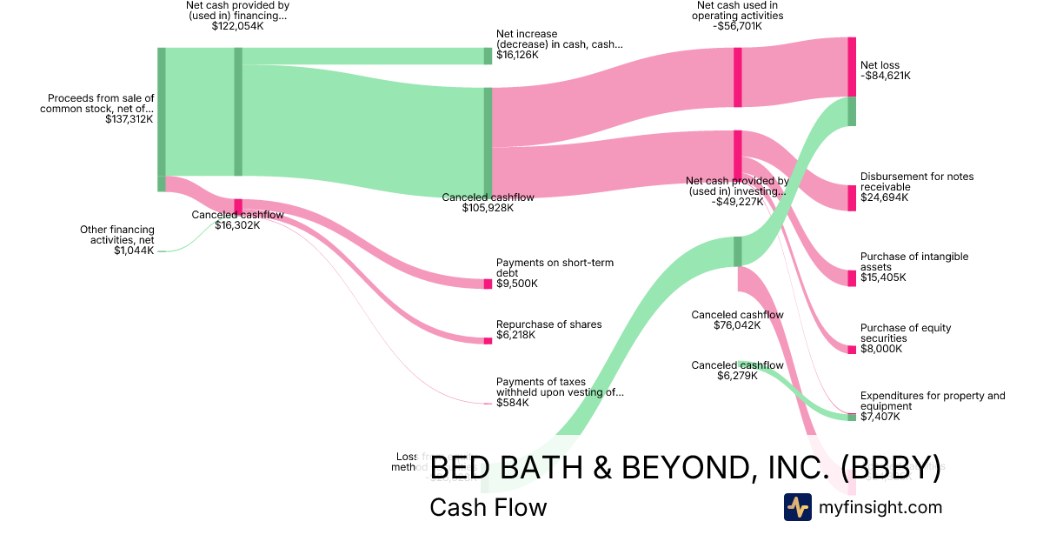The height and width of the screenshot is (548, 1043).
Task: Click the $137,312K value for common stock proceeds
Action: coord(130,119)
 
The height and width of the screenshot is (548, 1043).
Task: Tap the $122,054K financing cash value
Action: coord(237,26)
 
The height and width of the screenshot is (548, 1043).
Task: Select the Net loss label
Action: coord(880,65)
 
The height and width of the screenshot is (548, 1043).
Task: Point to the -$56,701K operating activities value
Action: coord(740,26)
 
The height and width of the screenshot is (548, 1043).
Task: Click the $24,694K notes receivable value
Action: coord(884,197)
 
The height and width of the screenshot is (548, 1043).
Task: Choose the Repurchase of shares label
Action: coord(548,324)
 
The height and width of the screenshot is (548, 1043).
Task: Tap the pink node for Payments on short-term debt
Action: coord(488,284)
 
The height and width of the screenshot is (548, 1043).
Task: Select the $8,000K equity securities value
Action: coord(881,349)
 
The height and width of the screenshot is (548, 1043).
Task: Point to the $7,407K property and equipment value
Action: coord(880,417)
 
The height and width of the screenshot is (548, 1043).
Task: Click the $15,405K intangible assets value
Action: coord(883,277)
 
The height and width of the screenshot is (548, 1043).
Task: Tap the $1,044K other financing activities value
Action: coord(134,251)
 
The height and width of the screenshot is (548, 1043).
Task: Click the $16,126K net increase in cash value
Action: coord(517,55)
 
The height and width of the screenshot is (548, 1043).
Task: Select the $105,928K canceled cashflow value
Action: coord(488,208)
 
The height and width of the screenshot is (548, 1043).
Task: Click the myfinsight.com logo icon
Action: coord(797,507)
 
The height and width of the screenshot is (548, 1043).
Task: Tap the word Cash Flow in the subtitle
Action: coord(488,507)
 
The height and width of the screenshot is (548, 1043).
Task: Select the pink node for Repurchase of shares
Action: coord(488,341)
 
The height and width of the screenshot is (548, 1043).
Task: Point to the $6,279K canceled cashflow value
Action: coord(737,376)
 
